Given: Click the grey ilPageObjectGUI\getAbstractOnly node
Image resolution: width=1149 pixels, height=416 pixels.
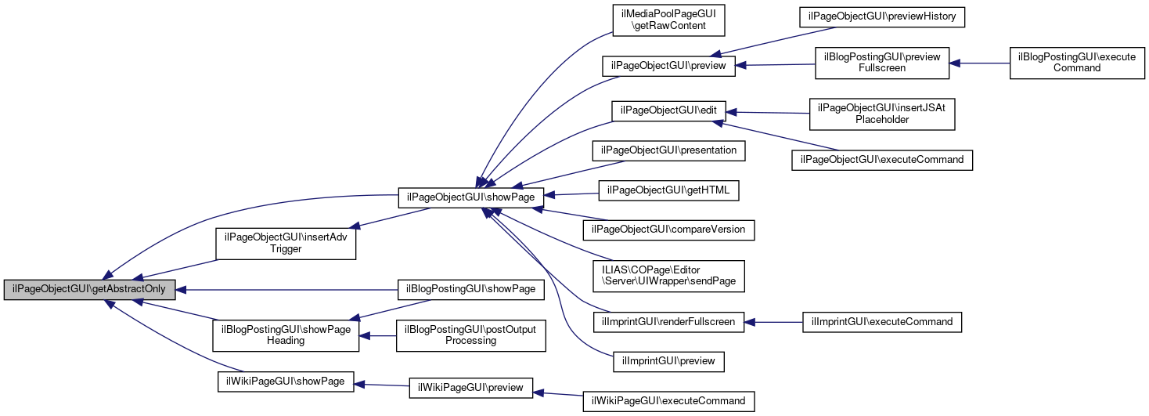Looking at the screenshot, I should click(x=90, y=289).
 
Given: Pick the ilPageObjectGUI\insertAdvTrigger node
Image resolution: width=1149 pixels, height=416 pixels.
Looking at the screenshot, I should click(x=286, y=244).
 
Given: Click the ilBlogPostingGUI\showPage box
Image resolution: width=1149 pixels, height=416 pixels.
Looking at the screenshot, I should click(x=470, y=289).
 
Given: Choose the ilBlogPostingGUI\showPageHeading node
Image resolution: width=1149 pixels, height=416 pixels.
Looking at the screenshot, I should click(x=286, y=335).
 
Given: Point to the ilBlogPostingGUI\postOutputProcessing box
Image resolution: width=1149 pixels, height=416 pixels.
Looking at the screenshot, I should click(x=470, y=335).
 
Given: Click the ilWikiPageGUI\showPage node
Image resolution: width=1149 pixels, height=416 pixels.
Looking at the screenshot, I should click(x=286, y=381).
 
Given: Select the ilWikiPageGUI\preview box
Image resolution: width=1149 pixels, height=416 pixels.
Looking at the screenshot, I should click(x=470, y=387).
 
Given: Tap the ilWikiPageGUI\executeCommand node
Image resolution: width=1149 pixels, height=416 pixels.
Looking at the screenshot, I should click(x=668, y=401).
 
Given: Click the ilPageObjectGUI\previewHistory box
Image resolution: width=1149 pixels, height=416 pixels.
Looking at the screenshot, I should click(x=882, y=17).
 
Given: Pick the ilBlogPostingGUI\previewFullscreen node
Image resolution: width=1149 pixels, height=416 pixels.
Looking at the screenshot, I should click(x=882, y=62).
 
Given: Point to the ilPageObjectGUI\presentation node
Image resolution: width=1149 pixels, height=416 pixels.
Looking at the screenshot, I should click(x=668, y=149).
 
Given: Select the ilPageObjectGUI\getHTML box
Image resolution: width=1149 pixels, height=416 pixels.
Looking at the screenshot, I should click(x=668, y=190).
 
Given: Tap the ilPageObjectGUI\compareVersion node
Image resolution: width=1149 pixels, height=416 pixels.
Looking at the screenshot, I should click(x=668, y=230).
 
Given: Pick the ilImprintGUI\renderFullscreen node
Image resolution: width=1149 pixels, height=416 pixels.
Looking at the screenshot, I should click(x=668, y=321).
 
